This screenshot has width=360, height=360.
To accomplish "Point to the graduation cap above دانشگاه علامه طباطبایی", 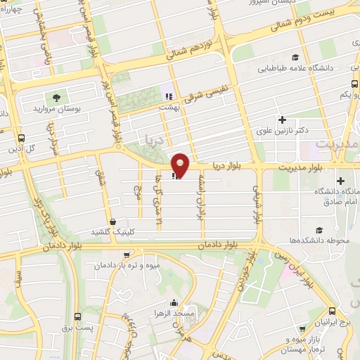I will pos(295,58).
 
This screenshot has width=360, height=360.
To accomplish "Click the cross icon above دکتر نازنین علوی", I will pos(283,120).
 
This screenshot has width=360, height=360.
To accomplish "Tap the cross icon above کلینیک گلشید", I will pos(111,221).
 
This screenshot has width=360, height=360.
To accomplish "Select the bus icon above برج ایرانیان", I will pos(333,311).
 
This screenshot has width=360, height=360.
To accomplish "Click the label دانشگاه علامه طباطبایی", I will pos(295,69).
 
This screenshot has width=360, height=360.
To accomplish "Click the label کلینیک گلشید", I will pos(115,231).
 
